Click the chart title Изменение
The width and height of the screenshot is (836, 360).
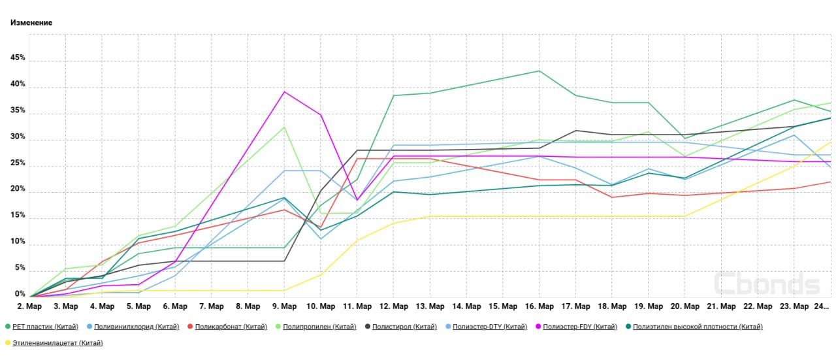(x=31, y=23)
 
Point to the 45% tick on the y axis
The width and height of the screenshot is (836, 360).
(x=17, y=58)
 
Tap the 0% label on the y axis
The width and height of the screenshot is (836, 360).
(x=20, y=295)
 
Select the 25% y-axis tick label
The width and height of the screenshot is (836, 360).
(x=17, y=163)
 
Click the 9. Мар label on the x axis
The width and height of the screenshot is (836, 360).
(x=284, y=306)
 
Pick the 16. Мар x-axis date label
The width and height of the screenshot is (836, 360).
(x=539, y=306)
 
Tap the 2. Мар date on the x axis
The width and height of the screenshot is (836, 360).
(x=30, y=306)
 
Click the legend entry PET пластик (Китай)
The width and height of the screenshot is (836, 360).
(x=45, y=327)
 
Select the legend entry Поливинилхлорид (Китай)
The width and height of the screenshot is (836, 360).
(x=137, y=327)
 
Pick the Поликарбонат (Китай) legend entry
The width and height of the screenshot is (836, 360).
(x=231, y=327)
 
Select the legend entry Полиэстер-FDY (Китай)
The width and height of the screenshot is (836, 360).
(x=579, y=327)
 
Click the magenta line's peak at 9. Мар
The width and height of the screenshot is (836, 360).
(x=284, y=91)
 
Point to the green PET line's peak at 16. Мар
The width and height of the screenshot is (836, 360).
(x=539, y=71)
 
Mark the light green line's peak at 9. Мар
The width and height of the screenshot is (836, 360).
(x=284, y=127)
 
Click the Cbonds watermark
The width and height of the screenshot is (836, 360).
(x=767, y=284)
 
